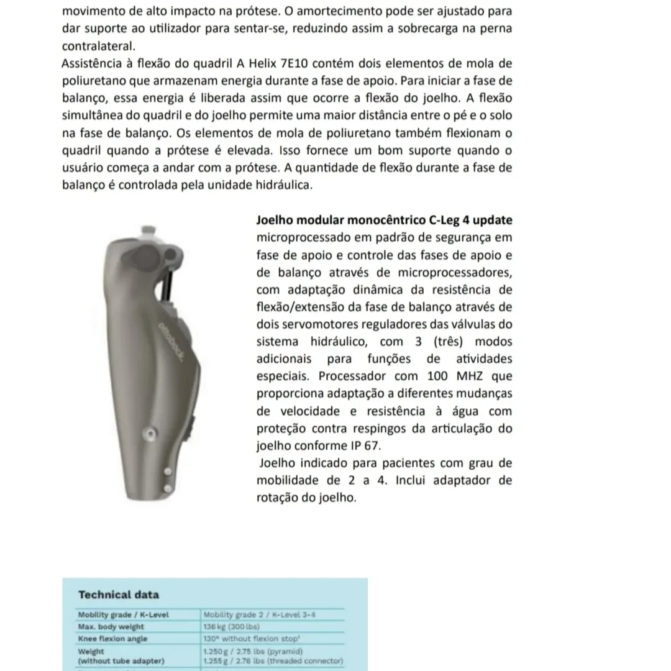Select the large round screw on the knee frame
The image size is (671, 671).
(x=148, y=433)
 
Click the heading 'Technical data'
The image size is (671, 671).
(x=119, y=595)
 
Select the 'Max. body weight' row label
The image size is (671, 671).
(x=111, y=627)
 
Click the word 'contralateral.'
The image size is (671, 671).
(x=98, y=47)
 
